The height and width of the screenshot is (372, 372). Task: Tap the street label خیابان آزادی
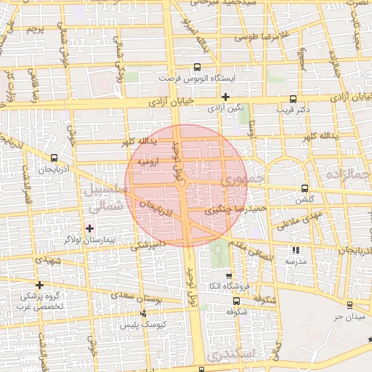coord(152,102)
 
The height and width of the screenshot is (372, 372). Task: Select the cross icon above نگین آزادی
coord(226,97)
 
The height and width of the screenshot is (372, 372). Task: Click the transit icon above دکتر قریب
coord(293,99)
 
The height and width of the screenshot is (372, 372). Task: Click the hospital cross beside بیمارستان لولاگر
coord(89,228)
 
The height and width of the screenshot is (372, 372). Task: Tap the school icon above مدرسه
coord(296,250)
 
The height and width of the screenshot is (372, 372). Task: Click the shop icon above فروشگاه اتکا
coord(229,276)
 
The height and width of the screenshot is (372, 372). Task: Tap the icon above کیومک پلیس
coord(143,314)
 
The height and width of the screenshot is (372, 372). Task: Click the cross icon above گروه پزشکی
coord(39,284)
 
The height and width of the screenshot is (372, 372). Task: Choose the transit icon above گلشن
coord(304,187)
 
